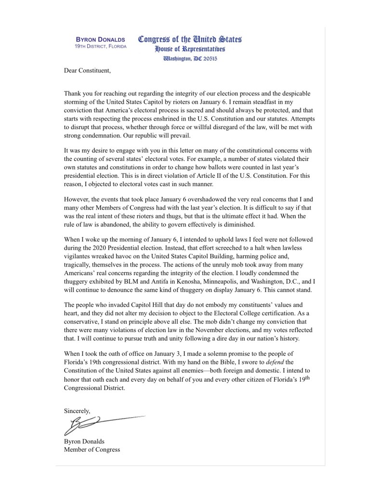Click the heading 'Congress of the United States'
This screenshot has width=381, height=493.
tap(190, 39)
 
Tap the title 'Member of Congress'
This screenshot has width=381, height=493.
tap(92, 450)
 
